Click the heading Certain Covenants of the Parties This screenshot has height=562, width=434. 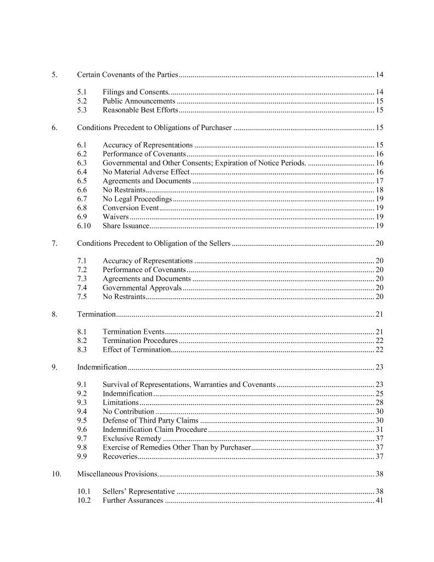tap(127, 74)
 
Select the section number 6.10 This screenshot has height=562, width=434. tap(84, 226)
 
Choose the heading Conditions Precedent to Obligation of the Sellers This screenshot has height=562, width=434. tap(154, 243)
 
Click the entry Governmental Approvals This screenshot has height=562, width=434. tap(142, 288)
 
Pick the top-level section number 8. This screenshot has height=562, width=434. tap(54, 314)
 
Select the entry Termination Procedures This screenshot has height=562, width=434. tap(140, 341)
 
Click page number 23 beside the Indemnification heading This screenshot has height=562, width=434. tap(379, 367)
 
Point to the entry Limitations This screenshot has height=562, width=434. tap(120, 402)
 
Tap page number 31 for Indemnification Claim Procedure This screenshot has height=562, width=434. tap(379, 429)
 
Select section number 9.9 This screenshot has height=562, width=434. tap(82, 456)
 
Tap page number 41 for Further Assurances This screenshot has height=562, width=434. tap(379, 500)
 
